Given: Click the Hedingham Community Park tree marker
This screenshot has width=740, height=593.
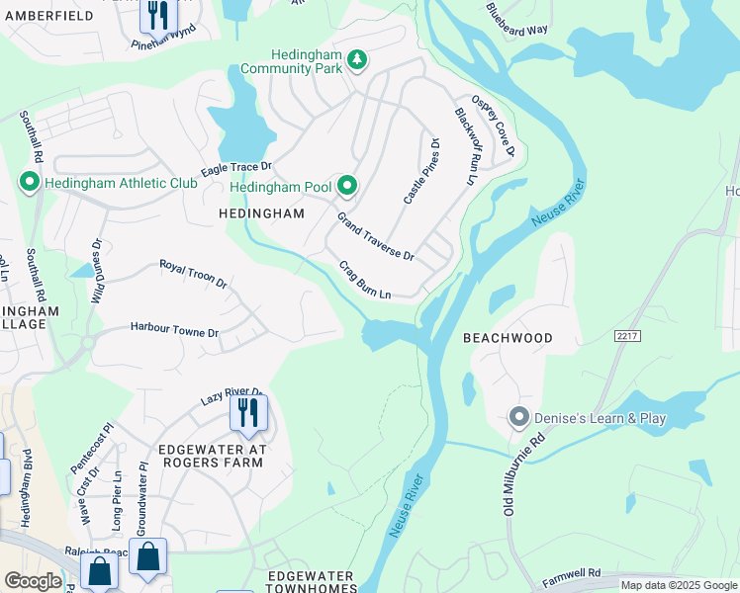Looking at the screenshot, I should coord(357,61).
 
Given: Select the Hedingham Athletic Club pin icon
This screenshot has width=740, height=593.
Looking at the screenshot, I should coord(30,182).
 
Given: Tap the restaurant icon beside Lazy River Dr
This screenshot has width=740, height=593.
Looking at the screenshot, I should coord(248,413).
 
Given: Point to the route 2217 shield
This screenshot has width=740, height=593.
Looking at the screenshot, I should coord(627,336).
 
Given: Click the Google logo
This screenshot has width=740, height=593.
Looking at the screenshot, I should coord(33,581).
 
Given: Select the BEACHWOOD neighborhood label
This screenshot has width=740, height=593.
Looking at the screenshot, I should coord(509,338).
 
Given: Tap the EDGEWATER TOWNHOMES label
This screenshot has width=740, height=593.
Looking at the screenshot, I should coord(313,582).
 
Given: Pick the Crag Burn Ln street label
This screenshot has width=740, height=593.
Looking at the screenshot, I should coord(366,281).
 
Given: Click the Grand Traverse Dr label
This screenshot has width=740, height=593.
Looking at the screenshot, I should coord(375,236).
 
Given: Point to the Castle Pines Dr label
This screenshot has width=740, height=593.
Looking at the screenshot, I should coord(420,171).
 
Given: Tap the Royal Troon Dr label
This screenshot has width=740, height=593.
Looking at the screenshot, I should coord(194,274).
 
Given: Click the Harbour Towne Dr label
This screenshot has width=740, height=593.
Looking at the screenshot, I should coord(174,332).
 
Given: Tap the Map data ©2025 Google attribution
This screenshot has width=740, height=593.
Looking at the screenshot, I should coord(678,585).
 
